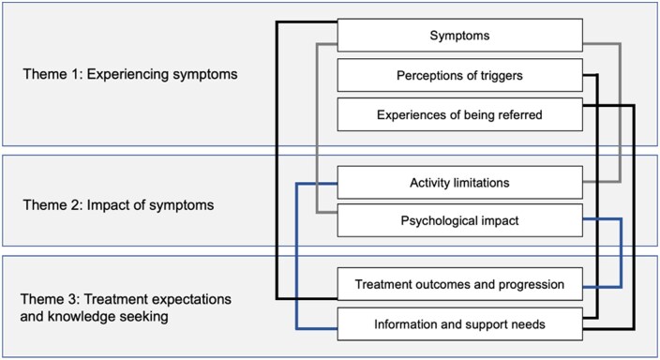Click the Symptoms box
tap(459, 35)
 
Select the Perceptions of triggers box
tap(459, 75)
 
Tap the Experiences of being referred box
tap(459, 114)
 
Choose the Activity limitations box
tap(459, 182)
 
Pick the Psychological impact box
tap(459, 220)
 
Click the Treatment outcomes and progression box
tap(459, 284)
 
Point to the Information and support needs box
tap(459, 324)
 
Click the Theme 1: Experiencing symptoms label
tap(130, 74)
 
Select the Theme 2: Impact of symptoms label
tap(118, 205)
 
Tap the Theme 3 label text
tap(126, 307)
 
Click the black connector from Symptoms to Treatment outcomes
tap(277, 160)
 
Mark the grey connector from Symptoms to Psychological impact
tap(317, 128)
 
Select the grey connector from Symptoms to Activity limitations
tap(620, 112)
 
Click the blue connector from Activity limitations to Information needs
tap(297, 256)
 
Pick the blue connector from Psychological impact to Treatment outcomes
tap(621, 252)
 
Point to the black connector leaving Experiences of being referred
tap(634, 217)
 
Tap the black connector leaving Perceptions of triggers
tap(597, 196)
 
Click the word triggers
tap(501, 76)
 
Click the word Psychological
tap(435, 221)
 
